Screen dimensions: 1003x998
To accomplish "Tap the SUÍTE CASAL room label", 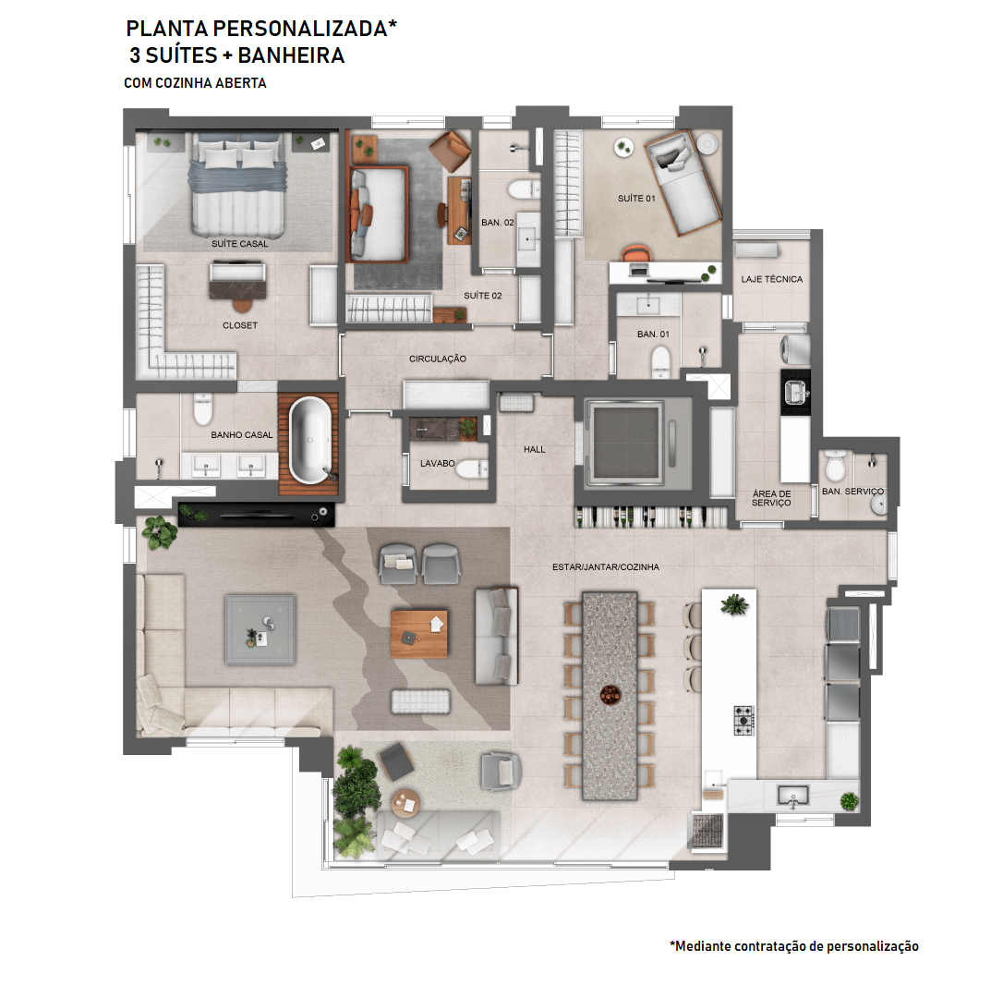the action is tap(240, 244).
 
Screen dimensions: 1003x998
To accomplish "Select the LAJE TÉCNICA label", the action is tap(771, 279).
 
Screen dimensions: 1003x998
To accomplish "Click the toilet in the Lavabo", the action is tap(472, 469).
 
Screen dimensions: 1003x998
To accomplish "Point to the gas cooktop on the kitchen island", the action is tap(743, 720).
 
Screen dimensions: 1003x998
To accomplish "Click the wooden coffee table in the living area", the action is tap(419, 634).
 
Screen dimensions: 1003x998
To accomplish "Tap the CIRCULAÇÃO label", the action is tap(438, 359).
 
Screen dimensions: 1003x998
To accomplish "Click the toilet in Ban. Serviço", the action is tap(835, 466).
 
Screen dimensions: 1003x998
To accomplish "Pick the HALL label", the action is tap(534, 449).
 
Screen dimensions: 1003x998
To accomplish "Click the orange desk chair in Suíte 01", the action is tap(635, 253).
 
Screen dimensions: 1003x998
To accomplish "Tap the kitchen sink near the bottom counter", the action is tap(793, 796).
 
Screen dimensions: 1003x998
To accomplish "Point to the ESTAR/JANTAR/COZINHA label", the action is tap(606, 567).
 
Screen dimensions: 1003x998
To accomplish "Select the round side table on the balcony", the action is tap(405, 803).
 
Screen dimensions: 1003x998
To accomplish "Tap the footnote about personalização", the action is tap(794, 946).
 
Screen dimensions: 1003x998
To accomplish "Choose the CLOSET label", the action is tap(240, 325).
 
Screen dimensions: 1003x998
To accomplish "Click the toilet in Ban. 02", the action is tap(524, 189).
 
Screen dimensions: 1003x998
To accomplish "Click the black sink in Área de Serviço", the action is tap(795, 392).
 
